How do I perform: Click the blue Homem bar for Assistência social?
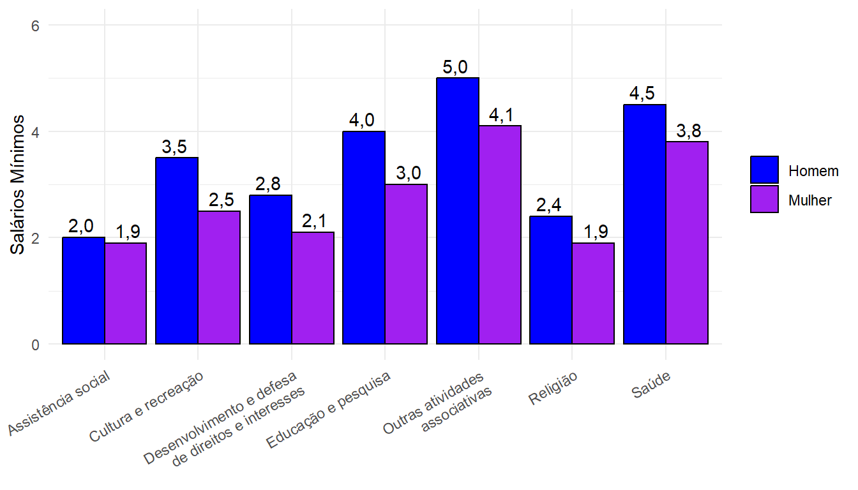(x=84, y=291)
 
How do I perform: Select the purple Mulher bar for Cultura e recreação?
(x=219, y=278)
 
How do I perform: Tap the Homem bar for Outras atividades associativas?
(x=458, y=211)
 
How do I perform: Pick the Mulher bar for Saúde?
(x=687, y=242)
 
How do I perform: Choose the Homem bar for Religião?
(x=551, y=280)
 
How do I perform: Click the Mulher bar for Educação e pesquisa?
(x=406, y=264)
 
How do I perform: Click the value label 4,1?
(x=502, y=115)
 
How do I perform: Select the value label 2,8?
(x=268, y=184)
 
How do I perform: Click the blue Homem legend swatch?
(x=764, y=170)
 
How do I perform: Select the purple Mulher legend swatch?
(x=764, y=199)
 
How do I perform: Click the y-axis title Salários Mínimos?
(x=19, y=184)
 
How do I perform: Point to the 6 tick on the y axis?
(x=35, y=26)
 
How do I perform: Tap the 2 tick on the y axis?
(x=35, y=238)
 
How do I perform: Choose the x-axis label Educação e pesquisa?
(x=329, y=410)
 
